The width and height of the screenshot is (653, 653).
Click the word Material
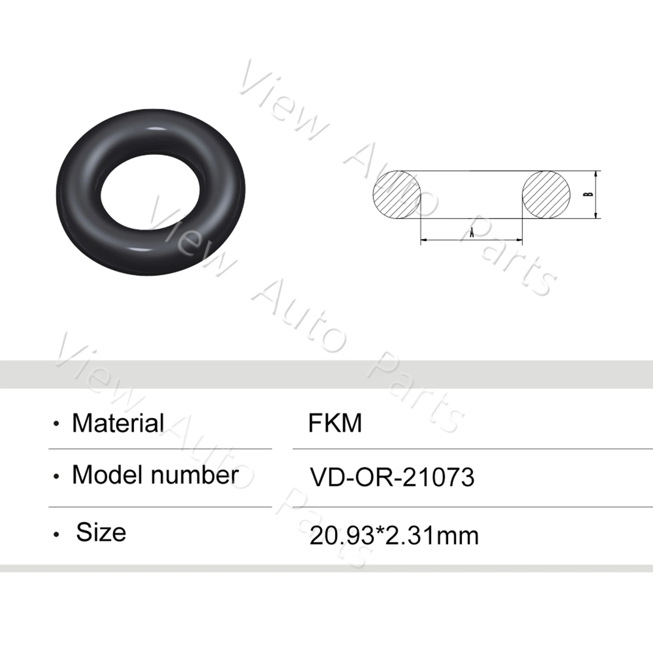pyautogui.click(x=118, y=423)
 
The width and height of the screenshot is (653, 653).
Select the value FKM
pyautogui.click(x=335, y=423)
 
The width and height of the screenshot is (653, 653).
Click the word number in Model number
pyautogui.click(x=195, y=475)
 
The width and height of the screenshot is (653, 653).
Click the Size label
pyautogui.click(x=101, y=532)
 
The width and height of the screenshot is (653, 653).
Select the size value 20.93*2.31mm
pyautogui.click(x=394, y=536)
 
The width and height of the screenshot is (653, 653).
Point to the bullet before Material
pyautogui.click(x=56, y=424)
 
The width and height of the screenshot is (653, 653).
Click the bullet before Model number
pyautogui.click(x=56, y=477)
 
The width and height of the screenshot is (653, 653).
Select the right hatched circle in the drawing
pyautogui.click(x=546, y=194)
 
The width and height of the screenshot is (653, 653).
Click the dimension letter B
pyautogui.click(x=590, y=194)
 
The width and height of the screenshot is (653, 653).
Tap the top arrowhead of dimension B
pyautogui.click(x=596, y=174)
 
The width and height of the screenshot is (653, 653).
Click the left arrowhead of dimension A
pyautogui.click(x=423, y=240)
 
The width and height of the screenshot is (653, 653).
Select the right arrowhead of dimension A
pyautogui.click(x=519, y=240)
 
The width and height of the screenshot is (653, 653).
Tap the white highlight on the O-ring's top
pyautogui.click(x=154, y=129)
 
